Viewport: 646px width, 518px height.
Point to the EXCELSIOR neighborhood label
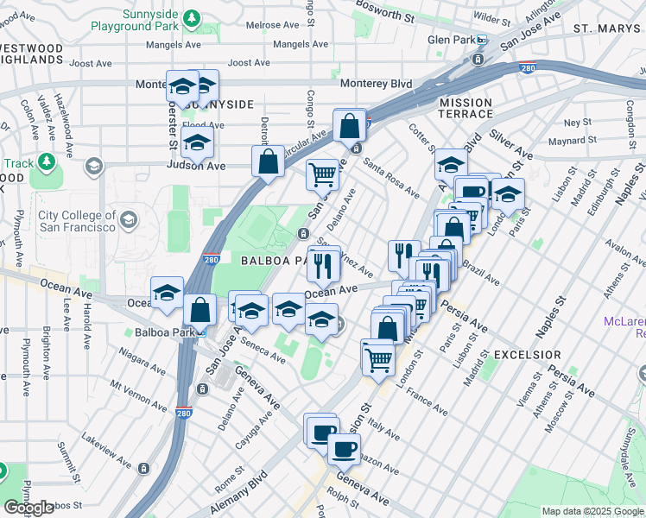pos(527,355)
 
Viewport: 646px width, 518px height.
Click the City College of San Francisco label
pos(77,220)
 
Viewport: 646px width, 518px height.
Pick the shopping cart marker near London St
pos(377,356)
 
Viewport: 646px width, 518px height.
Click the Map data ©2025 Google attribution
pos(592,511)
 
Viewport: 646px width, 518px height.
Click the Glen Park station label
pos(452,41)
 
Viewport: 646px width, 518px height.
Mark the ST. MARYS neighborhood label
pos(605,28)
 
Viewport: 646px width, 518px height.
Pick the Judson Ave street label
pos(196,166)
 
